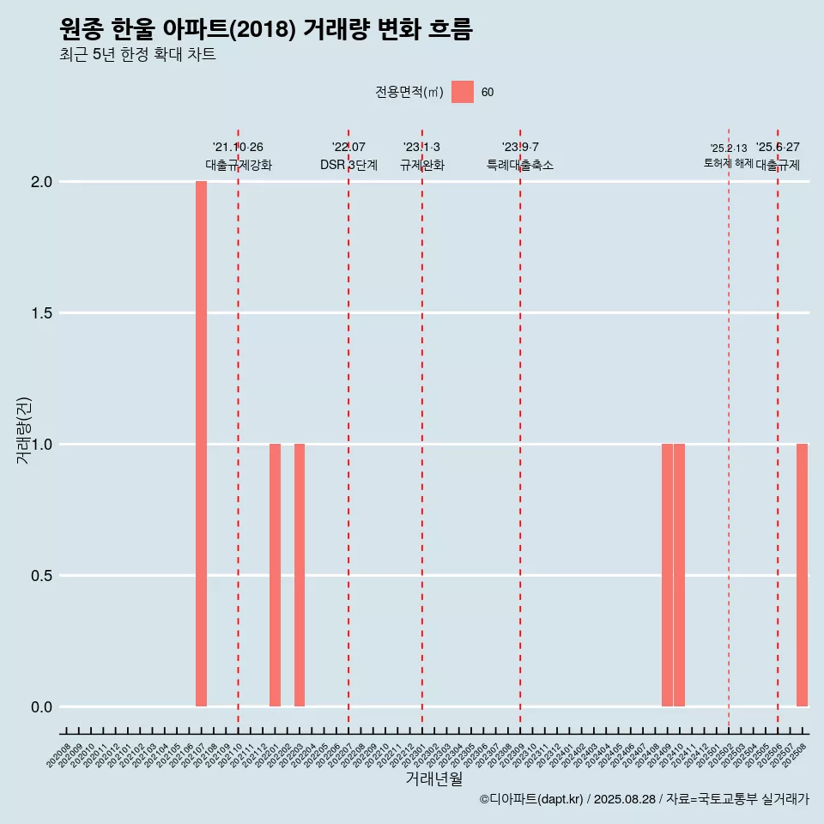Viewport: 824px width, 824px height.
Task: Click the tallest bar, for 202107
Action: [x=201, y=444]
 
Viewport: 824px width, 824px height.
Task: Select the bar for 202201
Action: [x=275, y=575]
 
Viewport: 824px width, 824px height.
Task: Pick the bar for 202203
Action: [x=300, y=575]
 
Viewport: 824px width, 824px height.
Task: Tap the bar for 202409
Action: [x=667, y=575]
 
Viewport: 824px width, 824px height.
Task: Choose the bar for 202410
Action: [x=679, y=575]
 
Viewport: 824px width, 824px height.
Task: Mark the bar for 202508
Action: [x=802, y=575]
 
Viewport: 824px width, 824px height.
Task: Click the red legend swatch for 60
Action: [x=463, y=92]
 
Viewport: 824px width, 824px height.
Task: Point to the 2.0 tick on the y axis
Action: [x=43, y=182]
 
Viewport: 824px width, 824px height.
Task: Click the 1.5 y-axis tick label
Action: [x=43, y=313]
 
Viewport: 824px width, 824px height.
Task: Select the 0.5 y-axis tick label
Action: [x=43, y=576]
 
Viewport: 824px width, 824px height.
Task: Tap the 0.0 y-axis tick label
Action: [x=43, y=707]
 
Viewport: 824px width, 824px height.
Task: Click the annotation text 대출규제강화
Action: [x=239, y=165]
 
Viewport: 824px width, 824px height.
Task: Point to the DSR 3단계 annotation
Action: [x=348, y=165]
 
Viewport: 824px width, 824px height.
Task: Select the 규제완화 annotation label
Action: [x=422, y=165]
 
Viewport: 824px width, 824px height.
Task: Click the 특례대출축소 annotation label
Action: [x=520, y=165]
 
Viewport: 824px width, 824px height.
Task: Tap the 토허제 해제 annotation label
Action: [x=728, y=163]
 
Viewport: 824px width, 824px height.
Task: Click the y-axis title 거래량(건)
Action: [x=23, y=429]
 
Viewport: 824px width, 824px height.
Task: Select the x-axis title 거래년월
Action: [x=433, y=779]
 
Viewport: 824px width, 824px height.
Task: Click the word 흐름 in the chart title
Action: [x=449, y=30]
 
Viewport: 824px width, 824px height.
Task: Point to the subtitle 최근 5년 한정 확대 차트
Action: [x=137, y=55]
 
